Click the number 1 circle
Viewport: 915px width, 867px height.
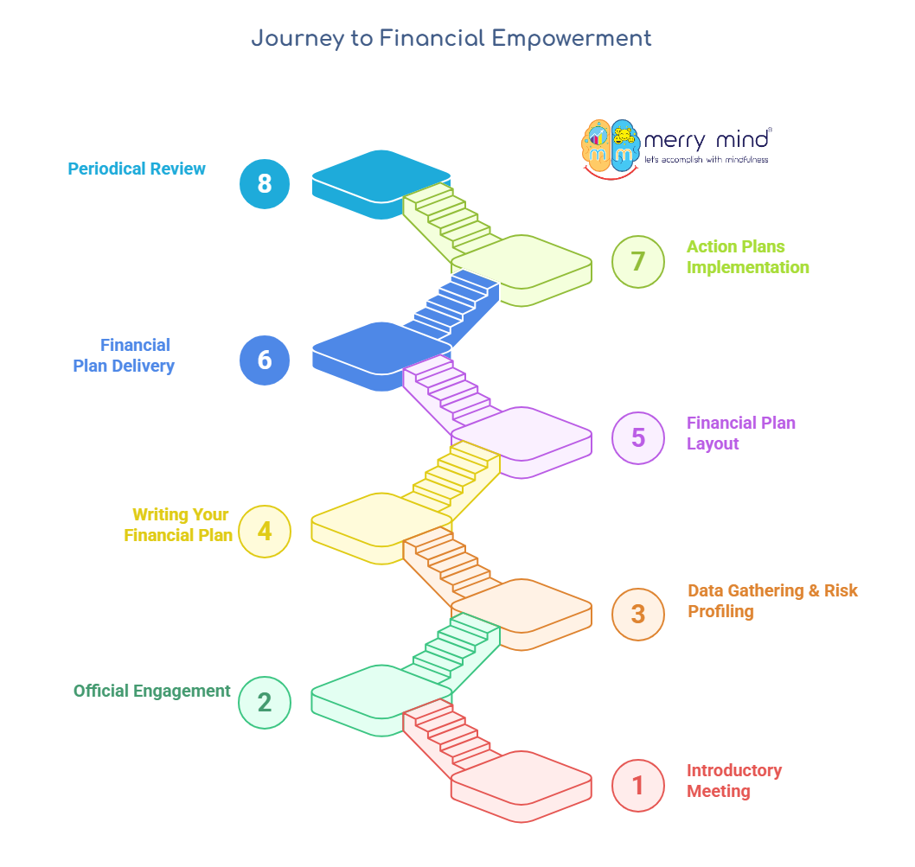click(x=638, y=785)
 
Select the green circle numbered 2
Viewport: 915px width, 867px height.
click(x=265, y=702)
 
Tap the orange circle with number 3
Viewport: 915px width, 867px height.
click(x=638, y=613)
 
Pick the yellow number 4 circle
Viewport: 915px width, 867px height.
click(x=265, y=530)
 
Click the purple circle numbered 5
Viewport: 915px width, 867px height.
click(x=638, y=437)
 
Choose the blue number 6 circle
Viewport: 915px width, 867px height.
click(x=265, y=359)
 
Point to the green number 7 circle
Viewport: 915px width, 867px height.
click(x=638, y=260)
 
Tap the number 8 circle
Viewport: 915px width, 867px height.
click(x=265, y=183)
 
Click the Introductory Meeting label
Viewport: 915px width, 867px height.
click(x=733, y=781)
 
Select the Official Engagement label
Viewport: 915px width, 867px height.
click(x=151, y=691)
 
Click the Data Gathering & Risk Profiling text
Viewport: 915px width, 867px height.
click(x=772, y=601)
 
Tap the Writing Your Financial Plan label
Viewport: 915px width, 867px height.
click(x=179, y=525)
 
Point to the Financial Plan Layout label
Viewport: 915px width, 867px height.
click(x=740, y=433)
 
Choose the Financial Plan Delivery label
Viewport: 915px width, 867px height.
click(x=124, y=355)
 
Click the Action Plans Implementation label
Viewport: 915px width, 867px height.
click(x=747, y=257)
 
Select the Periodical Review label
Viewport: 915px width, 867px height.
click(x=137, y=169)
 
